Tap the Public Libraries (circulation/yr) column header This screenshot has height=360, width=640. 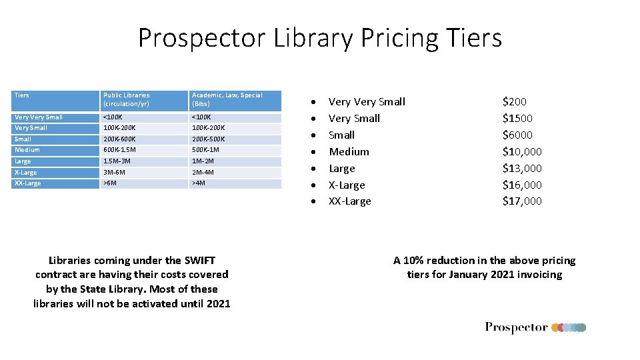tap(126, 99)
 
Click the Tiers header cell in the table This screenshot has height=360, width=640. tap(22, 95)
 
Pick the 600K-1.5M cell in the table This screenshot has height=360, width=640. tap(119, 150)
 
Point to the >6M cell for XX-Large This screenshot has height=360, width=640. tap(110, 183)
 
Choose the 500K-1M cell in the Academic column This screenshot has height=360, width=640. tap(205, 150)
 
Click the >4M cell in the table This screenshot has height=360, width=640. tap(198, 183)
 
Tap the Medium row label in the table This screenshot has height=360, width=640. tap(27, 150)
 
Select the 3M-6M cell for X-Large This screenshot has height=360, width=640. tap(115, 173)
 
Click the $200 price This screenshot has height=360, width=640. tap(514, 102)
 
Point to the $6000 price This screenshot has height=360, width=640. tap(517, 135)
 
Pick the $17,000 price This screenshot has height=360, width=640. tap(522, 201)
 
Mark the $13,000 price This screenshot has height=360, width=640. tap(522, 168)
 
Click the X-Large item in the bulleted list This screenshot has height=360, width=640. tap(347, 185)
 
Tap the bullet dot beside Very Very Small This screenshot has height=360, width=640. tap(313, 103)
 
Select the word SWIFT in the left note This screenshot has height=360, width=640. tap(200, 261)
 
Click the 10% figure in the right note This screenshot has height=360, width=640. tap(416, 261)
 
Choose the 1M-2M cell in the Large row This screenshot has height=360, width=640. tap(203, 161)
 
